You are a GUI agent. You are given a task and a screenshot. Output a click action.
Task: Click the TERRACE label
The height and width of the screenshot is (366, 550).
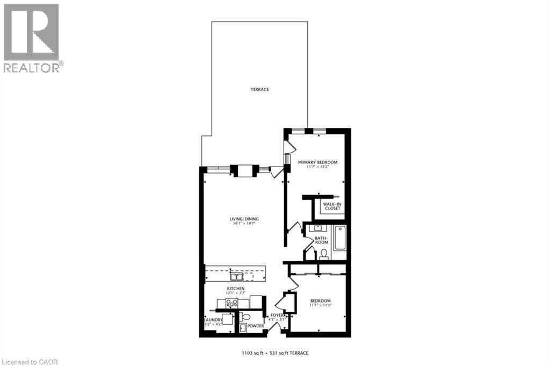tap(259, 89)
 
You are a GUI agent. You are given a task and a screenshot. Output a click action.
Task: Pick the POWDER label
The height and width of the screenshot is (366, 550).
tap(255, 326)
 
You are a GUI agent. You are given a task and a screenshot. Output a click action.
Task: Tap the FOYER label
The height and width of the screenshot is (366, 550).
tap(277, 315)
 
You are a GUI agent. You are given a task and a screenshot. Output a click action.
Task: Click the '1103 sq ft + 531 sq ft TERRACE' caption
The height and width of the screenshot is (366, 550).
tap(274, 353)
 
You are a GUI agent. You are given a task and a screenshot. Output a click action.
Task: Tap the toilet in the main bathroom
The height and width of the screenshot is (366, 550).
tap(323, 253)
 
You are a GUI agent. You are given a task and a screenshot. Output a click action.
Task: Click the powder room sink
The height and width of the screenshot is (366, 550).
tap(243, 327)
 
